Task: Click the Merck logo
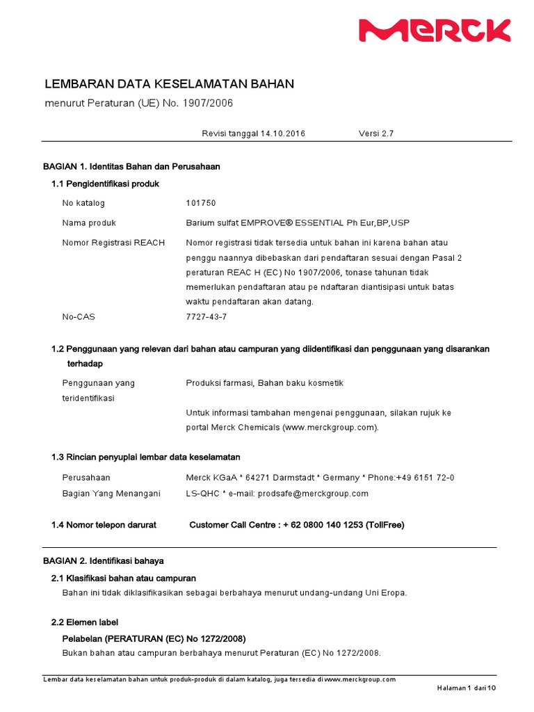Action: [x=435, y=30]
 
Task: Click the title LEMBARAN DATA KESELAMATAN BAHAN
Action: [x=169, y=84]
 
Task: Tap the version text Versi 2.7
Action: [x=376, y=133]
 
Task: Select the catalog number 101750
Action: [x=201, y=203]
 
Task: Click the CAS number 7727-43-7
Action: [x=206, y=316]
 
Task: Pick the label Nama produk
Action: [x=89, y=223]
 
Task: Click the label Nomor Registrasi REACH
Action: [x=113, y=243]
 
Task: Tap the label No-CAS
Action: [x=79, y=316]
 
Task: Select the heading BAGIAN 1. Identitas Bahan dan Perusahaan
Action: [x=131, y=167]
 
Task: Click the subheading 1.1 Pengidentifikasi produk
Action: [x=106, y=184]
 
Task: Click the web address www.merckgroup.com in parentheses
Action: [x=330, y=427]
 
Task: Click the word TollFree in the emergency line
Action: [x=382, y=525]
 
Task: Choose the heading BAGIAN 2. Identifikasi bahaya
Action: [x=104, y=560]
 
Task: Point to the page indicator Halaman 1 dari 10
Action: [x=467, y=688]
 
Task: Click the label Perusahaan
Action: [x=86, y=478]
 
